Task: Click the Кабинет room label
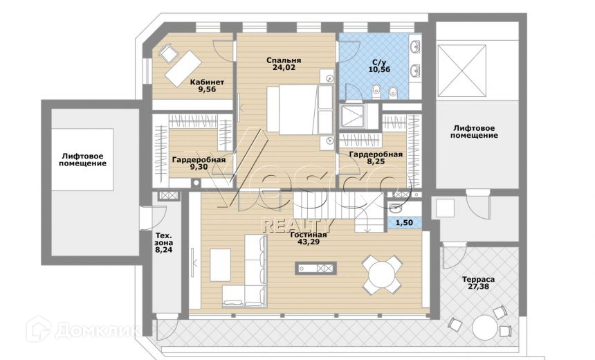[x=207, y=82]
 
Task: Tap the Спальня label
[x=283, y=61]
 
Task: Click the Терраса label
[x=478, y=280]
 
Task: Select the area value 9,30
[x=198, y=167]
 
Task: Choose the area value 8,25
[x=375, y=162]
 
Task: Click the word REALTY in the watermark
[x=297, y=224]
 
